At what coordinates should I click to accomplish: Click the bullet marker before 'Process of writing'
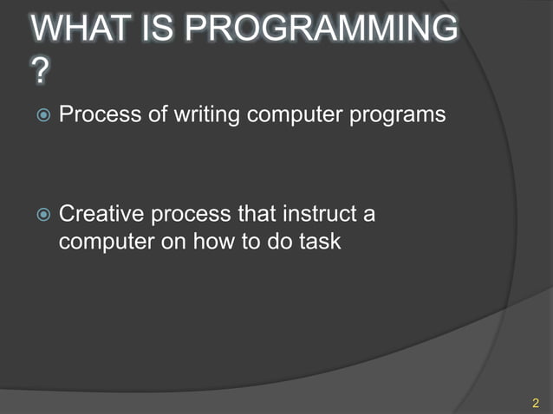click(41, 115)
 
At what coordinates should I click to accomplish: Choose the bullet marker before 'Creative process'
click(41, 214)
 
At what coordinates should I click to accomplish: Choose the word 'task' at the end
click(321, 241)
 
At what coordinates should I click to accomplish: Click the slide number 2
click(535, 402)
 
